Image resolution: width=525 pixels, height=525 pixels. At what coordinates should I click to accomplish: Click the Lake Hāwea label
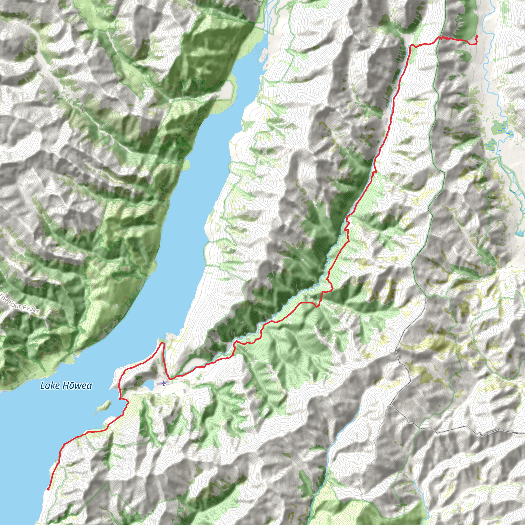coord(66,385)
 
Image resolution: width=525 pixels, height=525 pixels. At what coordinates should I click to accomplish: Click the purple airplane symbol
coord(164,383)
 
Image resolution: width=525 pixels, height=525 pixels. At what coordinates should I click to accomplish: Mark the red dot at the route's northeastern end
coord(477,36)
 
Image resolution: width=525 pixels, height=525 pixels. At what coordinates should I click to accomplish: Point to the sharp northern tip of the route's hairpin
coord(163,344)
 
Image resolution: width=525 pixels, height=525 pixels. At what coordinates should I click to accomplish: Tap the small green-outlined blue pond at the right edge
coord(520,233)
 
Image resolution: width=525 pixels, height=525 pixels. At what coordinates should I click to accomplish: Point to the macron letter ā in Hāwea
coord(71,385)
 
